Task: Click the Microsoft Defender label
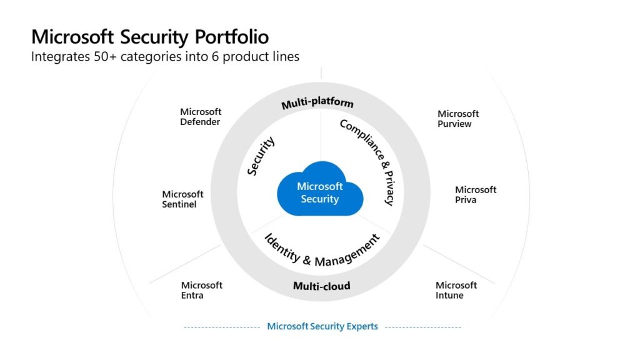point(201,117)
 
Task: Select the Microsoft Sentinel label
point(182,199)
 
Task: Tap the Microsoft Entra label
point(201,290)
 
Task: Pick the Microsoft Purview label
point(458,119)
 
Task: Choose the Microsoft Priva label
point(475,194)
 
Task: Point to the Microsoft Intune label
point(456,290)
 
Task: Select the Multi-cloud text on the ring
point(321,286)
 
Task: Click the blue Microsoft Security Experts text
point(322,326)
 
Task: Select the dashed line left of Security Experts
point(222,327)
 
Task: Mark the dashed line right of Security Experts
point(423,327)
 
